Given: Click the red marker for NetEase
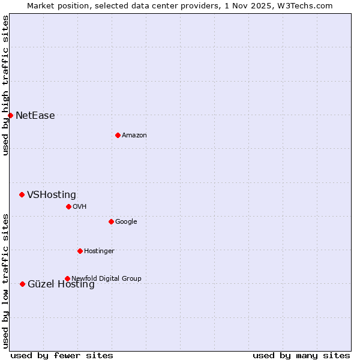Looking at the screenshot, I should (11, 115).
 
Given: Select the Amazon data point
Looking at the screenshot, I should (118, 135).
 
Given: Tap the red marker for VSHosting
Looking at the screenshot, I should (22, 194).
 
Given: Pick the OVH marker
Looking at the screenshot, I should (68, 206).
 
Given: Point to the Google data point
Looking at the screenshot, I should (111, 221).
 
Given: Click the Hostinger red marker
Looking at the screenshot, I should (80, 251).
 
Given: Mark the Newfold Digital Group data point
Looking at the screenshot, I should (67, 278).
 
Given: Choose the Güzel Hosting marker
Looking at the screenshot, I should (22, 284).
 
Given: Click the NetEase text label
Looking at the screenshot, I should (35, 116).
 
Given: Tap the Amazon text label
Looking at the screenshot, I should (134, 136).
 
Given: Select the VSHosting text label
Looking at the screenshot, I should (51, 195).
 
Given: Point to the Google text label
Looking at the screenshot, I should (126, 222).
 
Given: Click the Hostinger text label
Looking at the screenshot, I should (99, 251).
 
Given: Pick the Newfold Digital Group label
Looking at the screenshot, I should (106, 278).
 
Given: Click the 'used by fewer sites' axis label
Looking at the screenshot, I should (62, 355).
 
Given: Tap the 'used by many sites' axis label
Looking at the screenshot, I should (301, 355).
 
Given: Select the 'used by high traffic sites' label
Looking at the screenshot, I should (5, 85).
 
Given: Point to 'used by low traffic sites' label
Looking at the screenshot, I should (5, 281).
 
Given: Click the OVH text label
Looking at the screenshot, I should (79, 207).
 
